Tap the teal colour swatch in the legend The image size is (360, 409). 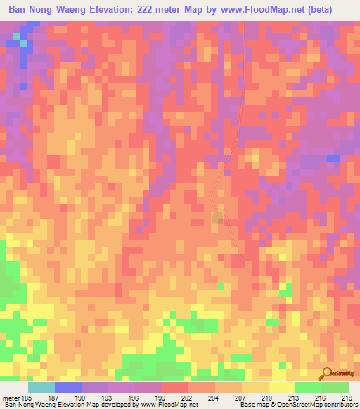(41, 387)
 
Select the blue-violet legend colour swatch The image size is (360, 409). (67, 387)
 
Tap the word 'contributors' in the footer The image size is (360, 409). (337, 405)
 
